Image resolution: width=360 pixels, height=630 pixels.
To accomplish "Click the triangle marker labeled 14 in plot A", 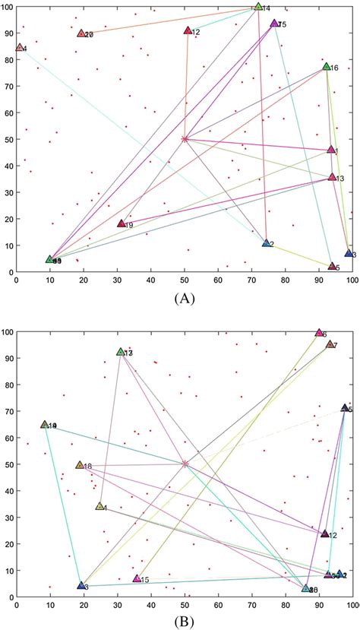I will pyautogui.click(x=258, y=7).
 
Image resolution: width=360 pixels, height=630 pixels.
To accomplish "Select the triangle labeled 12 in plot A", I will pyautogui.click(x=188, y=30).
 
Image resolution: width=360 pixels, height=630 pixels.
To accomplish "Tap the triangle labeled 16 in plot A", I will pyautogui.click(x=327, y=67).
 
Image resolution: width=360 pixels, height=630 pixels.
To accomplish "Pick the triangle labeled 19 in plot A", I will pyautogui.click(x=121, y=223).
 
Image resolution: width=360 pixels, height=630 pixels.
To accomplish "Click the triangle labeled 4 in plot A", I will pyautogui.click(x=20, y=47).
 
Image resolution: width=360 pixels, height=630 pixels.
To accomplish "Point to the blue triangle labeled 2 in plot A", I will pyautogui.click(x=267, y=243).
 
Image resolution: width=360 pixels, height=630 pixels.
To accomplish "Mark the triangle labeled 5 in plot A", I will pyautogui.click(x=332, y=266).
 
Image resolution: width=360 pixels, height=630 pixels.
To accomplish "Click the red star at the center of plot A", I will pyautogui.click(x=185, y=138).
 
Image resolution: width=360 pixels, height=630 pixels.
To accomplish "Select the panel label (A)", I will pyautogui.click(x=182, y=299).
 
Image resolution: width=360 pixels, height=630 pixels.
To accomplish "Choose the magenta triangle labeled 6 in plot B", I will pyautogui.click(x=319, y=333).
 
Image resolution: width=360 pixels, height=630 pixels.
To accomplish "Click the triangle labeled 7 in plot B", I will pyautogui.click(x=330, y=344).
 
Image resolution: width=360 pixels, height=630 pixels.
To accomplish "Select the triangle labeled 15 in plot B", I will pyautogui.click(x=137, y=578).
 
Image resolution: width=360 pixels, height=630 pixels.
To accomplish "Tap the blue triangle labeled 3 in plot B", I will pyautogui.click(x=81, y=585).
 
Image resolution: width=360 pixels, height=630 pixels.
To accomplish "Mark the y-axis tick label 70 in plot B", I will pyautogui.click(x=6, y=411).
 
